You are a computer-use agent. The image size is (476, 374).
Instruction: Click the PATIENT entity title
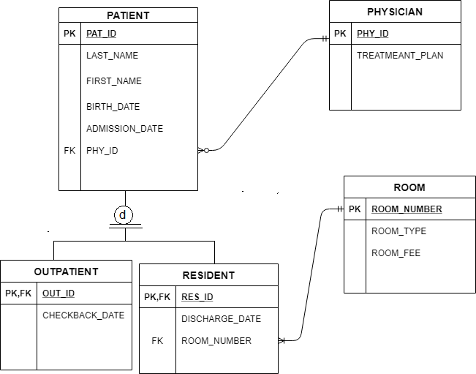(x=128, y=15)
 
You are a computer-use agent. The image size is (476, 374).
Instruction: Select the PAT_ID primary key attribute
(x=102, y=34)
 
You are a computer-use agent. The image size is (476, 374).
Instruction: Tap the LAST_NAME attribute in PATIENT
(x=112, y=56)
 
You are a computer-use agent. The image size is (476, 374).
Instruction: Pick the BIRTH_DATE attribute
(x=113, y=107)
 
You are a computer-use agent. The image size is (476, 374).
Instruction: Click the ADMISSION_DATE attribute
(x=124, y=129)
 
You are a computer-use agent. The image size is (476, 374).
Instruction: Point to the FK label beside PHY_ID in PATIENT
(x=69, y=151)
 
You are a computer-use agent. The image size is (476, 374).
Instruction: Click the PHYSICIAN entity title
(x=395, y=12)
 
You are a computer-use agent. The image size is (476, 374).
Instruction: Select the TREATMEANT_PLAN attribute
(x=400, y=56)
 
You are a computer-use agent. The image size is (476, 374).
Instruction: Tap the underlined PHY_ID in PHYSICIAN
(x=372, y=34)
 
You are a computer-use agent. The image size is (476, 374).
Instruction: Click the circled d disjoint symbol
(x=125, y=215)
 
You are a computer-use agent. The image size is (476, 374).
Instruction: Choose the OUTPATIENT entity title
(x=66, y=272)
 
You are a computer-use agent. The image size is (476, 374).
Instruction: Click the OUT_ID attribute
(x=58, y=293)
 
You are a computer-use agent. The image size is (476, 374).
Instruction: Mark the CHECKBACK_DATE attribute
(x=83, y=315)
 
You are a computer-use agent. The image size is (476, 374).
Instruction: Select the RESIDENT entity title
(x=208, y=275)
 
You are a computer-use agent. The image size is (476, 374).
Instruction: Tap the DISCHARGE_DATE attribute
(x=221, y=319)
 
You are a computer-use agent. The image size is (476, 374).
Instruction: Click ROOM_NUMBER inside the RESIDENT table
(x=216, y=341)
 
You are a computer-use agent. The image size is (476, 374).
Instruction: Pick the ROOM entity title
(x=409, y=187)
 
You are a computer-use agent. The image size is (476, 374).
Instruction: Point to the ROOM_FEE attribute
(x=396, y=253)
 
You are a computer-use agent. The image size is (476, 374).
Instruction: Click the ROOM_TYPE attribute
(x=398, y=231)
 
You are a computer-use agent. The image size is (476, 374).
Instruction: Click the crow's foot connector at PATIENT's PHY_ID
(x=203, y=151)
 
